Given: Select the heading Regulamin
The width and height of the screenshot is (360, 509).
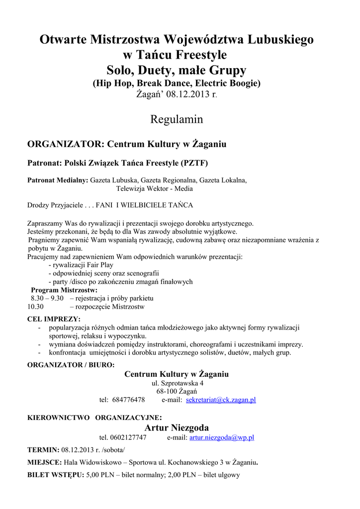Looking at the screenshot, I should [177, 119].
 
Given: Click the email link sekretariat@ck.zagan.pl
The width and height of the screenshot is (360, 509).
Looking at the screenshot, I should [221, 400].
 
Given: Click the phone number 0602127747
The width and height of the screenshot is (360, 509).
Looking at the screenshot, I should [130, 437].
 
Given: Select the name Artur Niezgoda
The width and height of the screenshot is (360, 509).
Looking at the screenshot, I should [177, 427].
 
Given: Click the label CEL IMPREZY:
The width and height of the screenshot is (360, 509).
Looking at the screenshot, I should [54, 319].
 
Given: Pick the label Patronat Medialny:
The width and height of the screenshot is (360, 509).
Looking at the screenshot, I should [58, 180].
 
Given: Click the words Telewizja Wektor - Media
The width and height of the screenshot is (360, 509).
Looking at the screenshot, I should [155, 189].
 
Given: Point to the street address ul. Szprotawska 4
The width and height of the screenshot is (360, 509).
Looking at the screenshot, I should [177, 383].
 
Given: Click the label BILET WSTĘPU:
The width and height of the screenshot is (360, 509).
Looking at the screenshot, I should [55, 475].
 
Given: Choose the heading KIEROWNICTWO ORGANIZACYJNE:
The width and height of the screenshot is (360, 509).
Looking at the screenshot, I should [94, 417].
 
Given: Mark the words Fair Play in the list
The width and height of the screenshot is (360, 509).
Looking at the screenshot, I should [100, 265].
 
